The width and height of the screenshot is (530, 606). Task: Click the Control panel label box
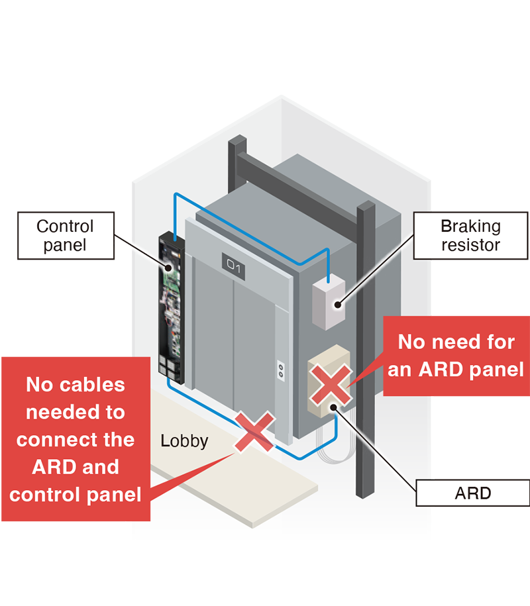pyautogui.click(x=65, y=235)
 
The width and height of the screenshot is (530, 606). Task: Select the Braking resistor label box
pyautogui.click(x=471, y=235)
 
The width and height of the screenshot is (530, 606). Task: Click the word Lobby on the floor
pyautogui.click(x=184, y=440)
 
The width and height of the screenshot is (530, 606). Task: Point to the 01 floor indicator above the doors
pyautogui.click(x=235, y=266)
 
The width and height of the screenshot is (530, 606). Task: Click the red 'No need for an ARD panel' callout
pyautogui.click(x=456, y=356)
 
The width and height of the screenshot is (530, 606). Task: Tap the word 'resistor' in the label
pyautogui.click(x=471, y=245)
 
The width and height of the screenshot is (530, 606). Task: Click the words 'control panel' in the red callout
pyautogui.click(x=76, y=494)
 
